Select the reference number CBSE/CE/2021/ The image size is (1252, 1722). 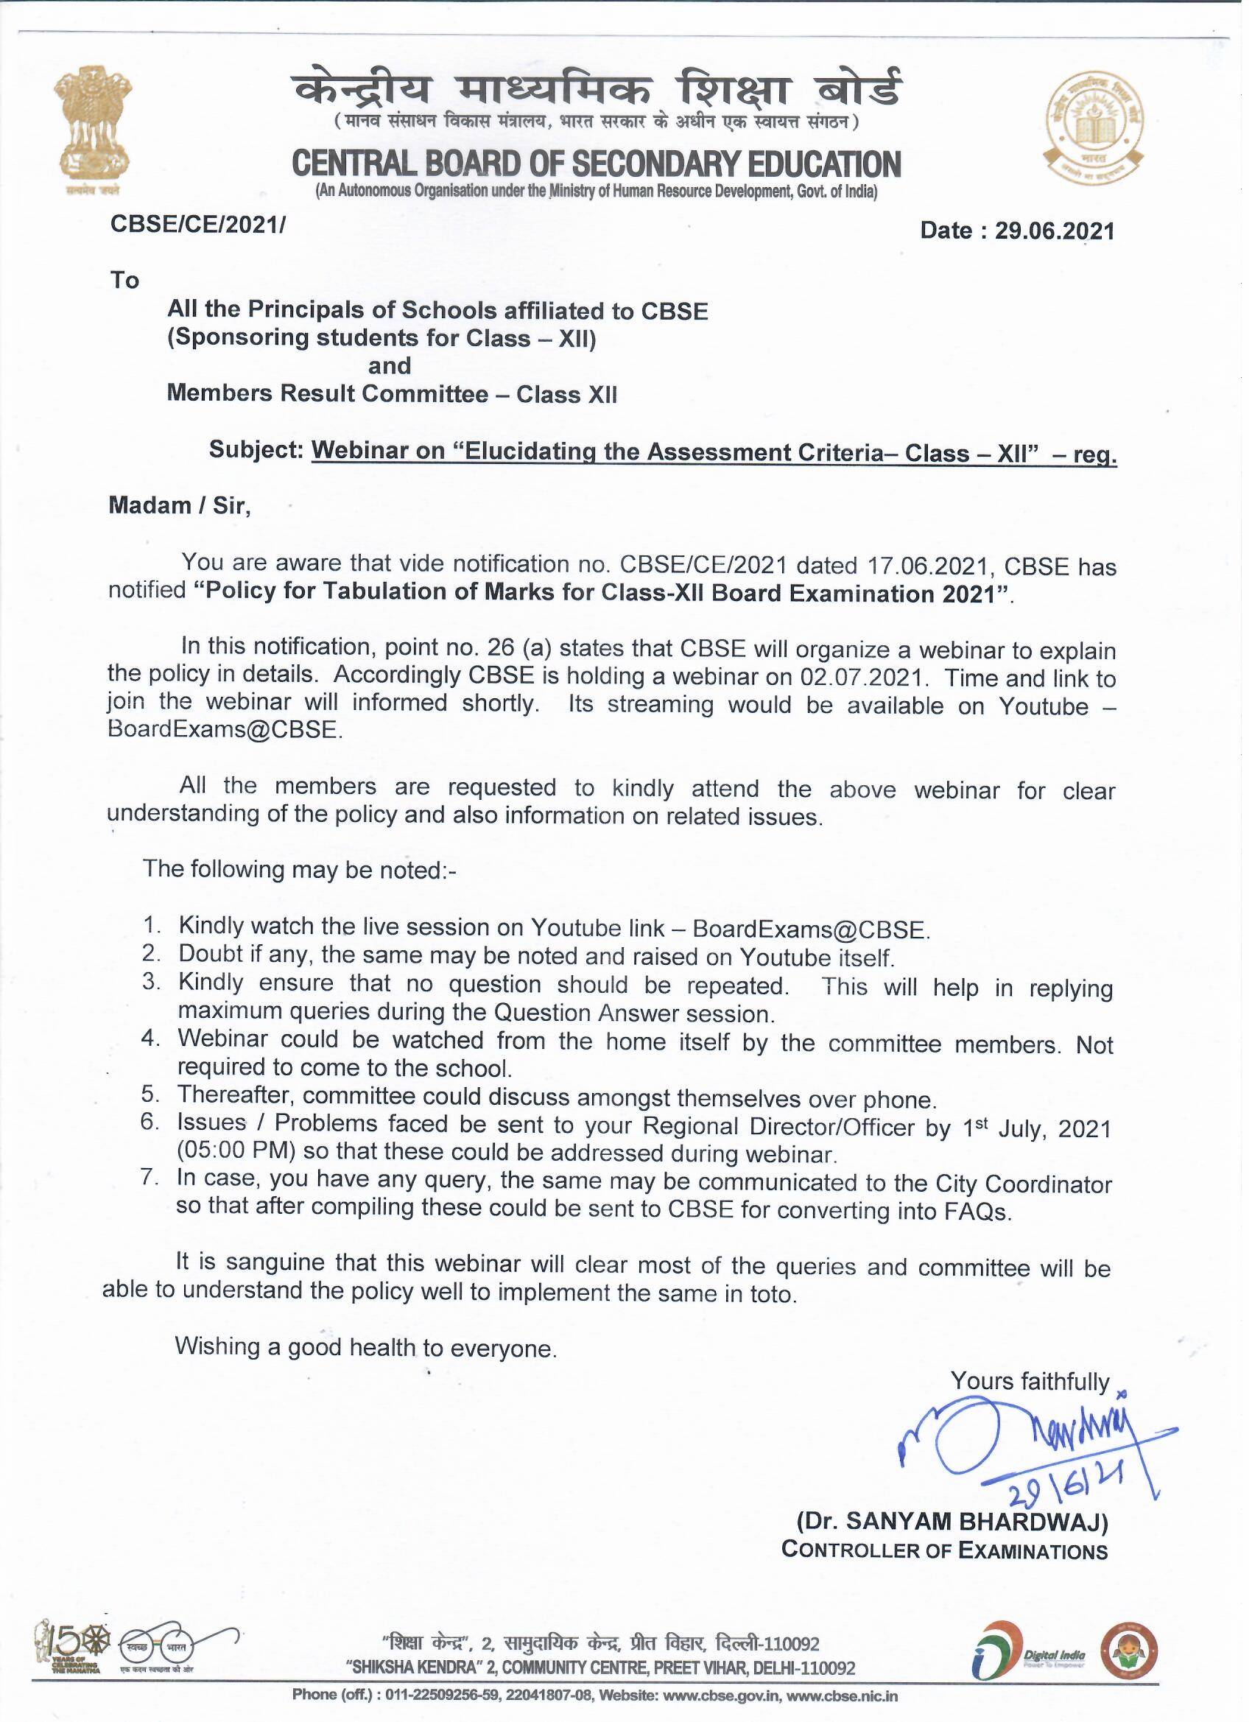[x=198, y=225]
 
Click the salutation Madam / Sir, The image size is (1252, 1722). [x=180, y=507]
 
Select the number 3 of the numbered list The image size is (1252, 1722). [x=151, y=982]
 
